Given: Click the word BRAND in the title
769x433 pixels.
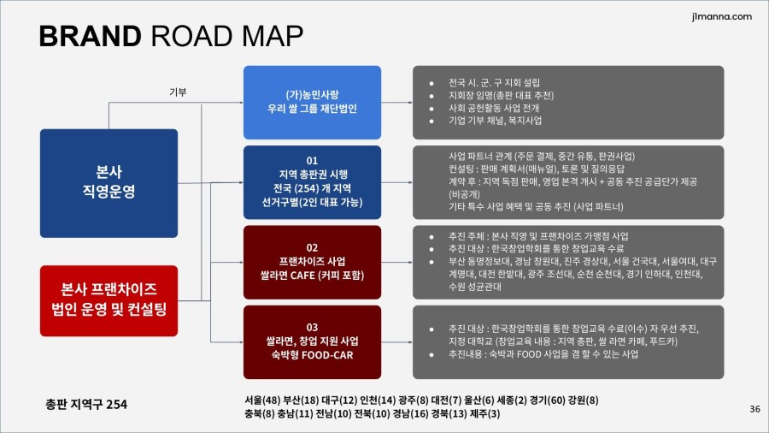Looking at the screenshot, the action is [91, 36].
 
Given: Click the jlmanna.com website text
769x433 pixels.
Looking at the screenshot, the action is [721, 16].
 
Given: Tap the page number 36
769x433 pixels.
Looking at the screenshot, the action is [754, 408].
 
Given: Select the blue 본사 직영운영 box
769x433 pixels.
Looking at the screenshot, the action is [109, 183].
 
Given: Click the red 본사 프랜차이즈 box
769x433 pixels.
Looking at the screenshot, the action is [109, 301].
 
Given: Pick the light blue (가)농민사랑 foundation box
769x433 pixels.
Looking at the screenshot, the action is [312, 102].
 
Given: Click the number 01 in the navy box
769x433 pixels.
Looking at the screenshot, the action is [312, 161].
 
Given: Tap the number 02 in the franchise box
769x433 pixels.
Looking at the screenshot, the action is [312, 247].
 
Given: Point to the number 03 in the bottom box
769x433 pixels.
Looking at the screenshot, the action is [312, 327].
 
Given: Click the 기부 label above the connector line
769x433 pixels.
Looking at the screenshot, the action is [178, 92].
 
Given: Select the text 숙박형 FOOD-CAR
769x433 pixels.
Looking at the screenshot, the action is [312, 354].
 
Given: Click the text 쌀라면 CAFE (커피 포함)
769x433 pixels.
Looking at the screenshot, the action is [312, 275].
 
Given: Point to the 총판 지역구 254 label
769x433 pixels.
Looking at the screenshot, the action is [86, 404].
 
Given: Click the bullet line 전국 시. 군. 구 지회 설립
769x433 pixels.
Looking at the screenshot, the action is [494, 82].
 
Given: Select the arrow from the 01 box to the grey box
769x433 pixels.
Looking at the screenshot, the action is [396, 182].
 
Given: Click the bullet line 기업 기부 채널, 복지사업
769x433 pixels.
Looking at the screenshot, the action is [495, 121].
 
